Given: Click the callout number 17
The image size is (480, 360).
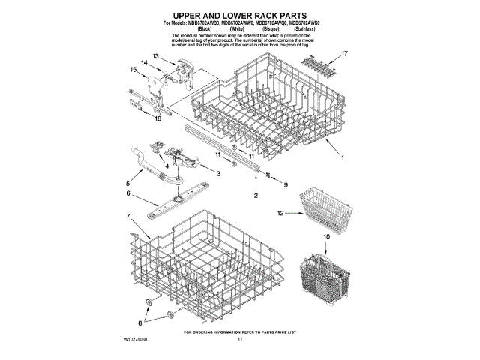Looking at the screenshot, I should click(x=345, y=54).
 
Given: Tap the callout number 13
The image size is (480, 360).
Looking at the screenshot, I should click(x=156, y=56).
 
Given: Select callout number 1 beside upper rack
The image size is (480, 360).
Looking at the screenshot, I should click(x=342, y=159).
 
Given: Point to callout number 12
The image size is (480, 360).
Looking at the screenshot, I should click(x=281, y=214).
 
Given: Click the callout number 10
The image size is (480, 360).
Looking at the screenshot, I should click(x=326, y=237).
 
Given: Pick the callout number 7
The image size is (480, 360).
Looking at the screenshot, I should click(x=129, y=216).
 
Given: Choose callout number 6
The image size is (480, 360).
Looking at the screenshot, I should click(x=128, y=193).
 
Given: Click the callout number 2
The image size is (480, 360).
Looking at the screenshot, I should click(x=256, y=196).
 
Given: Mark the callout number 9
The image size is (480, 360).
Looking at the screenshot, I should click(x=285, y=182).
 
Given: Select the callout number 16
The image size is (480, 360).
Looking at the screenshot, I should click(x=158, y=118).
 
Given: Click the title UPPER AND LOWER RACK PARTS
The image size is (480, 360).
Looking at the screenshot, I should click(x=240, y=15).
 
